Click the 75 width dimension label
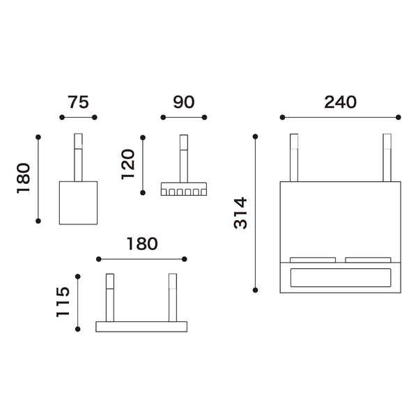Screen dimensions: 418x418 click(78, 102)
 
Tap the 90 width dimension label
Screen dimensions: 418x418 click(184, 102)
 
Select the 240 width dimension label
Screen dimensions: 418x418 click(340, 102)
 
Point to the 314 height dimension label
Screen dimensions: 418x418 click(240, 213)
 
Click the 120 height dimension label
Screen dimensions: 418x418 click(128, 164)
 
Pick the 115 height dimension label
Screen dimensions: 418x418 click(63, 302)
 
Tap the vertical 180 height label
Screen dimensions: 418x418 click(24, 178)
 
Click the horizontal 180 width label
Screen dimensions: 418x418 click(142, 244)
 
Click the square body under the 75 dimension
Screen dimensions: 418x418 click(78, 203)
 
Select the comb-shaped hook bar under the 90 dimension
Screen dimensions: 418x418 click(184, 189)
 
